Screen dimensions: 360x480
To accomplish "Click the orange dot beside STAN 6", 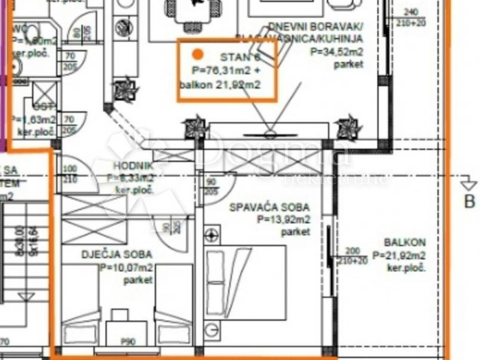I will pos(198,55).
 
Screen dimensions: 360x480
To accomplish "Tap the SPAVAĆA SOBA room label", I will pos(269,207).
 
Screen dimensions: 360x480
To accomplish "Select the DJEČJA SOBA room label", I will pos(117,255).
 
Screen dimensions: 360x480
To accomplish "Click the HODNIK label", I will pos(133,165).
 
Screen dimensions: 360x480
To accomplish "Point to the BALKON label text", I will pos(405,242).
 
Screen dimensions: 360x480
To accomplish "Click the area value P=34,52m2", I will pos(337,52).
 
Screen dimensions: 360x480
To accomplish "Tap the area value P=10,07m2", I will pos(126,268).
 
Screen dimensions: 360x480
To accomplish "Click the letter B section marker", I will pos(469,201).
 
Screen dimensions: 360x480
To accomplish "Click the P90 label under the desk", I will pos(128,342).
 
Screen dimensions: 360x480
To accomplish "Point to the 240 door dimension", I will pos(410,13).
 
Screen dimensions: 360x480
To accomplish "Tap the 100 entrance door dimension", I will pos(69,169).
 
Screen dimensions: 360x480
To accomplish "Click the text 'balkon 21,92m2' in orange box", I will pos(220,85).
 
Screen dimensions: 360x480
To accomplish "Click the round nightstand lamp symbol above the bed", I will pos(212,233).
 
